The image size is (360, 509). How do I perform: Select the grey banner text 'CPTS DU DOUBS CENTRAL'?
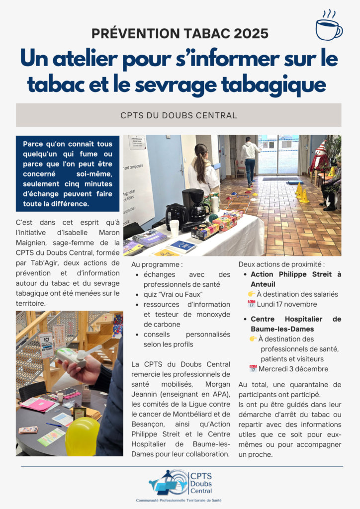pos(179,115)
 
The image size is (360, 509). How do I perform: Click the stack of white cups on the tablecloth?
pos(174,228)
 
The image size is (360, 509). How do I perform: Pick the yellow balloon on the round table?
pos(83,436)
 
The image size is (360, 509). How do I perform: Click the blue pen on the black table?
pos(54,425)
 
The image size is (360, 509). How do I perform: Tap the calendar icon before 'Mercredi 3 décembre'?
pos(253,369)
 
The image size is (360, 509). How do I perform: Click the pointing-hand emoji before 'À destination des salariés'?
pos(253,294)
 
